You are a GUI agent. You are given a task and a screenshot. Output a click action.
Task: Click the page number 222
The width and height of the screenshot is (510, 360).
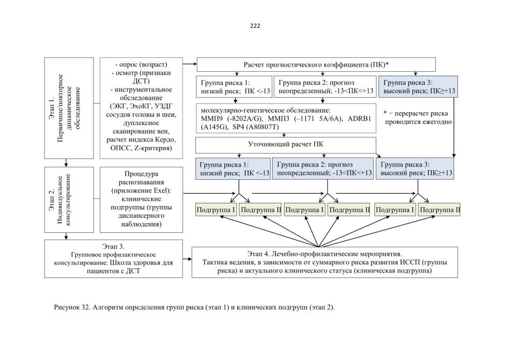255,26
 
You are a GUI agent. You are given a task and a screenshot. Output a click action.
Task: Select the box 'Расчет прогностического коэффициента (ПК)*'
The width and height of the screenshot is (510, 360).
316,65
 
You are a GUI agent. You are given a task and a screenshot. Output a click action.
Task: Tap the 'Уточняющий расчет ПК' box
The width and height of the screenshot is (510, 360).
286,145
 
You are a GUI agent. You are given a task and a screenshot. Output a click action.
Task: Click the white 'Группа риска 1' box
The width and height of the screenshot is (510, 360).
234,87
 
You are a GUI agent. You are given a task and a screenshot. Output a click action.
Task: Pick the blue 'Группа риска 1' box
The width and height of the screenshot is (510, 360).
233,168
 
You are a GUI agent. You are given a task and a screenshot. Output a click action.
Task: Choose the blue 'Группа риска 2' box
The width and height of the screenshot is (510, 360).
323,168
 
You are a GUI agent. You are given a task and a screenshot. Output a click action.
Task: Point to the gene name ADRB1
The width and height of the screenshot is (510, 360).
359,119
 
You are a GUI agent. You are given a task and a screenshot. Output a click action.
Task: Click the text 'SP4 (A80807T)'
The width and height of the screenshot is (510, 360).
256,127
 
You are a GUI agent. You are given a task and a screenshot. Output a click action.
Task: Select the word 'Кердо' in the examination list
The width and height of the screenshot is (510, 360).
165,139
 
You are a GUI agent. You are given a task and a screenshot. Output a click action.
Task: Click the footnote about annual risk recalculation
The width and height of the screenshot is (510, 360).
418,117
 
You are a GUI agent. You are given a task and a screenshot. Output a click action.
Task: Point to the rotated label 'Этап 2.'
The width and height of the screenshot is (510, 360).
52,200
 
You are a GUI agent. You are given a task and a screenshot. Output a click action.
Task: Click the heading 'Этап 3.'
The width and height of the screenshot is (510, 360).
113,247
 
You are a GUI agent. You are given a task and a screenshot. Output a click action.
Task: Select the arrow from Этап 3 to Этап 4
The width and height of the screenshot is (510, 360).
187,259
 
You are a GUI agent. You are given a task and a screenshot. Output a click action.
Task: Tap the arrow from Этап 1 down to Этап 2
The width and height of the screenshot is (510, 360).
67,163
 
